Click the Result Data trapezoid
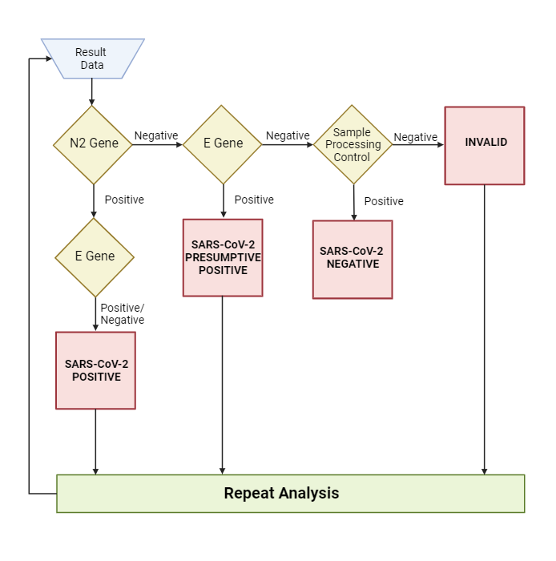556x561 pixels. [92, 59]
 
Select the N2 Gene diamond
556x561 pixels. [93, 144]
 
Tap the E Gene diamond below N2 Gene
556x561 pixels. [95, 257]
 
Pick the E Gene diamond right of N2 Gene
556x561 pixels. [223, 144]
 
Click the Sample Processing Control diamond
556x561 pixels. [353, 145]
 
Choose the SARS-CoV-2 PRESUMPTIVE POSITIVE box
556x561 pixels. [223, 257]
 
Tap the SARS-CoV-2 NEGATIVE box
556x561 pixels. [353, 259]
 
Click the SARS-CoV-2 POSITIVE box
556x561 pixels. [95, 370]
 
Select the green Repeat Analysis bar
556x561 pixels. [290, 494]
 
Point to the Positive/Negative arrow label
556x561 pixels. [122, 313]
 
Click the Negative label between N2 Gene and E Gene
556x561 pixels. [156, 136]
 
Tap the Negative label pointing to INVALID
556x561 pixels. [416, 138]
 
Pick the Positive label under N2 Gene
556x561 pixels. [124, 200]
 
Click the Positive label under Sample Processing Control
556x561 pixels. [384, 201]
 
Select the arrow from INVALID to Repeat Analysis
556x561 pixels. [485, 329]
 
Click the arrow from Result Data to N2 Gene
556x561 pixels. [92, 92]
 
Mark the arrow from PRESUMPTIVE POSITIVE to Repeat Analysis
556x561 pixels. [223, 385]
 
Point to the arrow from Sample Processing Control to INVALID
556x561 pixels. [418, 145]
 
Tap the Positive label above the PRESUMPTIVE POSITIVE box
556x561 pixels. [254, 200]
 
